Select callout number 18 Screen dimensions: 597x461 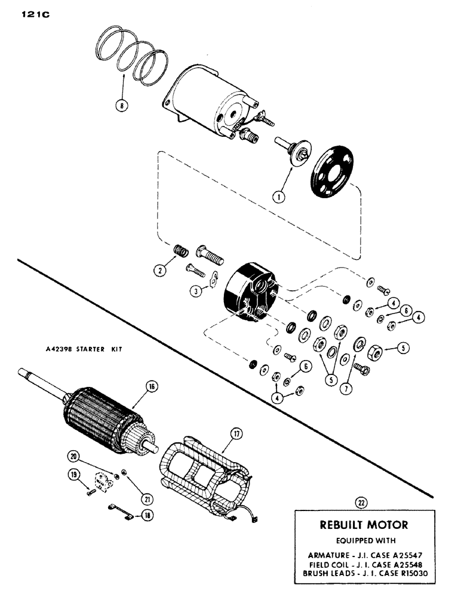click(140, 516)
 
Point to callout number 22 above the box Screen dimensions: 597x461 click(361, 502)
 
